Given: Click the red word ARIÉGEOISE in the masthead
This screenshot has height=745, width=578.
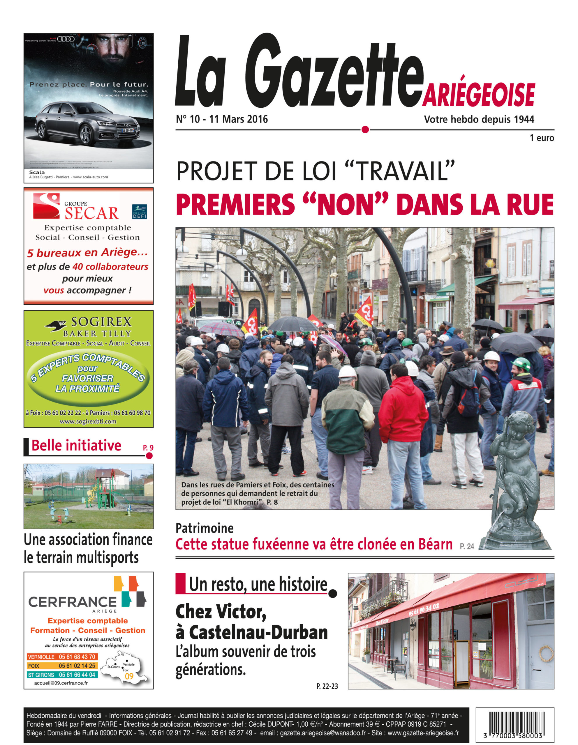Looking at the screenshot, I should pyautogui.click(x=478, y=95).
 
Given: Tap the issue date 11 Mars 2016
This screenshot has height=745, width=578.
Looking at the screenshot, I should pyautogui.click(x=238, y=119).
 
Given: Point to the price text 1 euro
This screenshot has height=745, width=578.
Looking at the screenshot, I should pyautogui.click(x=542, y=138).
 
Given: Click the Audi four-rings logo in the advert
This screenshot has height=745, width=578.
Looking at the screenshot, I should pyautogui.click(x=66, y=39).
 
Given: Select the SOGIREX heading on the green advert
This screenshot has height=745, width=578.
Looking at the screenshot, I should pyautogui.click(x=101, y=322).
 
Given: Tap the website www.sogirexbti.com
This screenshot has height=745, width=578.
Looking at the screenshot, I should pyautogui.click(x=88, y=422).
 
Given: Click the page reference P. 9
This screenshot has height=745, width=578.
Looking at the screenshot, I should pyautogui.click(x=148, y=448).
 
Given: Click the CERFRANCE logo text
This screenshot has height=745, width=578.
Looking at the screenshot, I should pyautogui.click(x=72, y=602).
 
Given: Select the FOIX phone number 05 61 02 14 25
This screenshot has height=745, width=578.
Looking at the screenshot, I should pyautogui.click(x=77, y=666).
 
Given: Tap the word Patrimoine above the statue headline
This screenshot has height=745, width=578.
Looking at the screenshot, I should pyautogui.click(x=205, y=528).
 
